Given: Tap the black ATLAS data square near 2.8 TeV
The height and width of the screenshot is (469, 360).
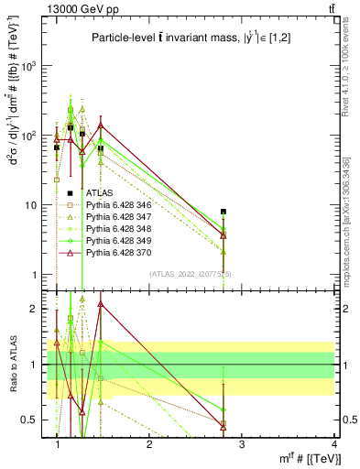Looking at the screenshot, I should click(224, 212).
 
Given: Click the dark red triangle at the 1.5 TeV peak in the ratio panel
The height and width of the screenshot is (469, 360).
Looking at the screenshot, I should click(101, 303).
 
